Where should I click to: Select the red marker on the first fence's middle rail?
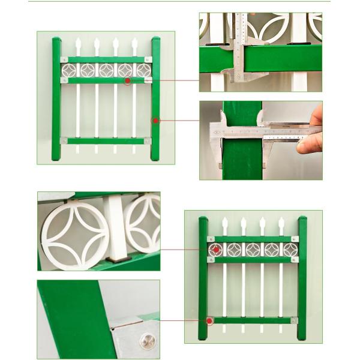click(128, 80)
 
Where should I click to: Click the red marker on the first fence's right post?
click(155, 121)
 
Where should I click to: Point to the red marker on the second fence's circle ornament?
click(215, 249)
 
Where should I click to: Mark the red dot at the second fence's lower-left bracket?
click(210, 320)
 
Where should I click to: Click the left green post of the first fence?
click(56, 99)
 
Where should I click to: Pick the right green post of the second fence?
click(301, 279)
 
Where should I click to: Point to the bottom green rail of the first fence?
click(106, 141)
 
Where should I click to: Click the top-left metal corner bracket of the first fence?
click(64, 59)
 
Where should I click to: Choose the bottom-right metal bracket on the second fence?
click(294, 320)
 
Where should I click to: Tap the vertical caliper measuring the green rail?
click(242, 48)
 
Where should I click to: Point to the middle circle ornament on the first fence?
click(106, 70)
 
